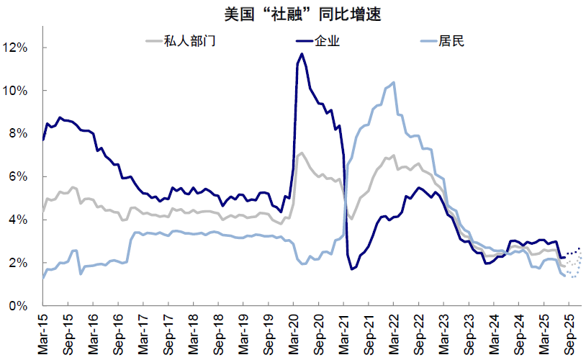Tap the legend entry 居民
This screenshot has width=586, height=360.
[452, 40]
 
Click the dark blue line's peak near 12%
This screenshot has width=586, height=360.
[301, 54]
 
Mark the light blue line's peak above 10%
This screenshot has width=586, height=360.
[393, 82]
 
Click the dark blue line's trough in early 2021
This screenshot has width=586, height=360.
[352, 269]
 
